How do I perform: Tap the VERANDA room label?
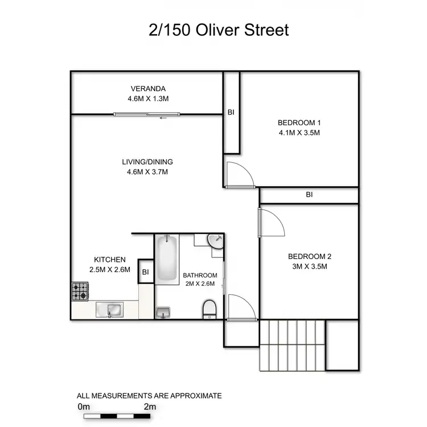click(148, 88)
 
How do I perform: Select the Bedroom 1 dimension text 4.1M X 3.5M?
click(299, 133)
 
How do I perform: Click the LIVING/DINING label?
click(147, 161)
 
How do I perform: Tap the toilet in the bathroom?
click(210, 309)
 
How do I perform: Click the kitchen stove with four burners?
click(79, 291)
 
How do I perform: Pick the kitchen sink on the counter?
click(110, 309)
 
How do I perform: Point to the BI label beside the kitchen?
click(145, 272)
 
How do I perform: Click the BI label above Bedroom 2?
click(309, 195)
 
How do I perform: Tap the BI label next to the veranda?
click(231, 113)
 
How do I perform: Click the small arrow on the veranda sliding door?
click(163, 118)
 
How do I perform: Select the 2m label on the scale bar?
click(150, 407)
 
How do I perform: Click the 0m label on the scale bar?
click(84, 407)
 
